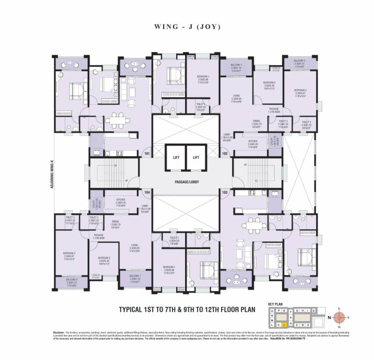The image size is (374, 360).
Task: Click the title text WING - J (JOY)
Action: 187,27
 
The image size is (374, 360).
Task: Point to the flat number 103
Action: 224,192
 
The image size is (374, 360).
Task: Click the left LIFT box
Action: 174,158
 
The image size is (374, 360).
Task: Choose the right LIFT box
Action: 196,158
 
